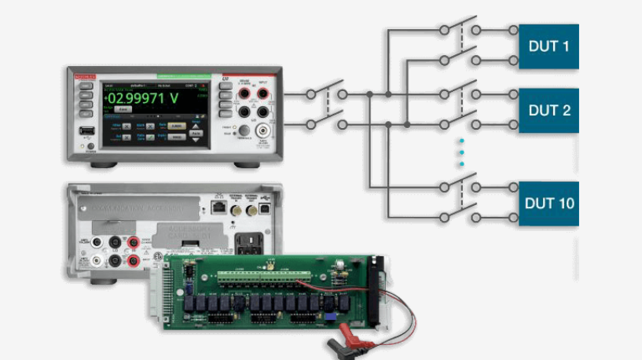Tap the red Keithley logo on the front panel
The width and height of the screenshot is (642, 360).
pyautogui.click(x=85, y=76)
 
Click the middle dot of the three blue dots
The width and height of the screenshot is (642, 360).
pyautogui.click(x=462, y=152)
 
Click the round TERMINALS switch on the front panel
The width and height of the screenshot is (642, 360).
pyautogui.click(x=244, y=132)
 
